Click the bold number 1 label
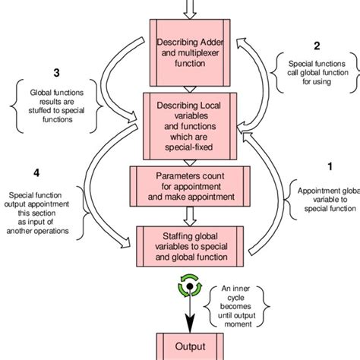329,164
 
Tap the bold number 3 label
55,73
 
